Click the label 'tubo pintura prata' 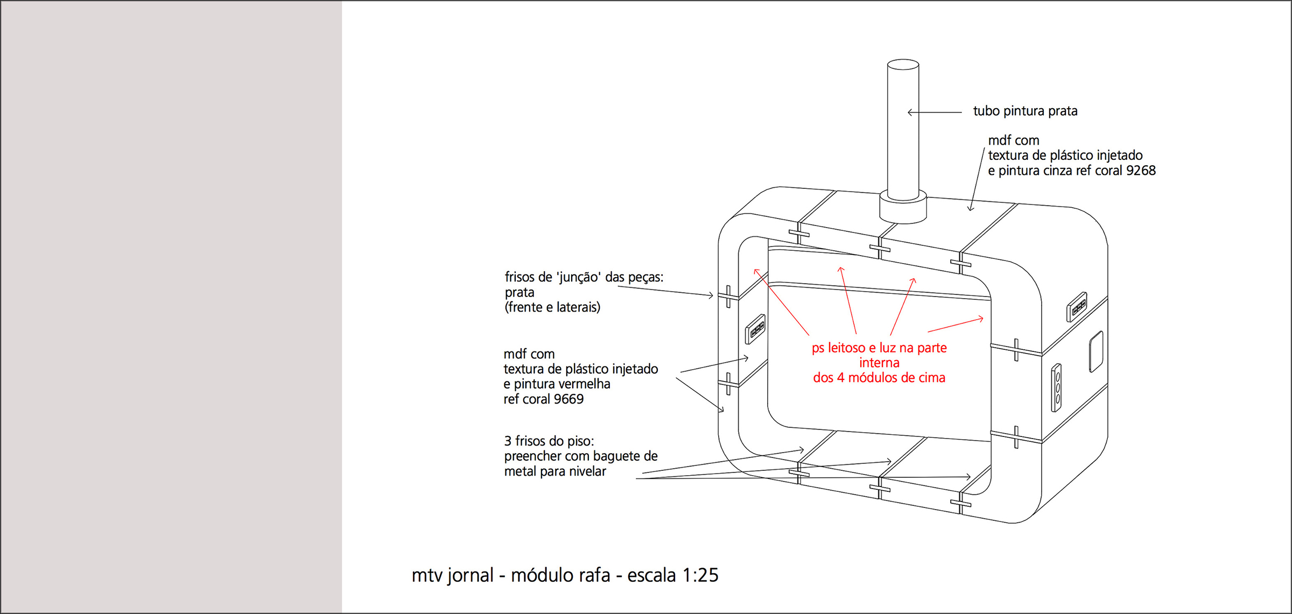(1025, 111)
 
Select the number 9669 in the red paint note (568, 399)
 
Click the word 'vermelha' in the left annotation (586, 384)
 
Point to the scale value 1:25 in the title (700, 575)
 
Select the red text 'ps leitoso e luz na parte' (879, 348)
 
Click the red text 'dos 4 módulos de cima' (879, 378)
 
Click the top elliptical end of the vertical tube (903, 65)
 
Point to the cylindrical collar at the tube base (903, 207)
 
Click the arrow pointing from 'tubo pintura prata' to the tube (934, 112)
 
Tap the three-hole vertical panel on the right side (1056, 387)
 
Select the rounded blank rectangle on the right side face (1096, 352)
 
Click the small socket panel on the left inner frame (755, 329)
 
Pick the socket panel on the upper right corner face (1077, 306)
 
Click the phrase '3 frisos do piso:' (549, 441)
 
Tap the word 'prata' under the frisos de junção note (519, 293)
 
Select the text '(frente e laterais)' (552, 307)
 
